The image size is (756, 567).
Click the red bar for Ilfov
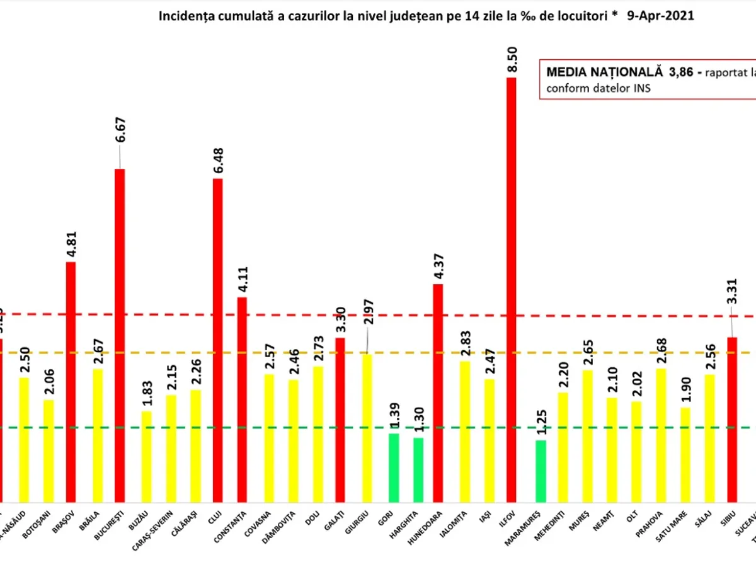(x=511, y=290)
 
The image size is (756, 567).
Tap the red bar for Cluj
(x=217, y=340)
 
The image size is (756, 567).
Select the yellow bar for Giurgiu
(x=367, y=428)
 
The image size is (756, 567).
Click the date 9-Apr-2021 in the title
(x=661, y=16)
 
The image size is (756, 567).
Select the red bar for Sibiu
(x=731, y=419)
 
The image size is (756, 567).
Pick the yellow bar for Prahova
(x=660, y=435)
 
